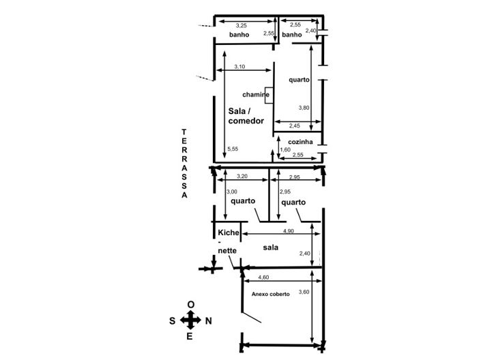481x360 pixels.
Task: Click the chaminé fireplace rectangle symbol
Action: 269,95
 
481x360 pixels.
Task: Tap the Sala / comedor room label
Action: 246,116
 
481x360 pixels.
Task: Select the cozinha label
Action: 300,142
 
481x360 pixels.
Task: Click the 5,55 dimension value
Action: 233,149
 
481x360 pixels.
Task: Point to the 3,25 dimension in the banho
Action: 242,26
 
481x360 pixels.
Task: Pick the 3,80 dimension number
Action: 304,108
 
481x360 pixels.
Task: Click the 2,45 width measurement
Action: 295,125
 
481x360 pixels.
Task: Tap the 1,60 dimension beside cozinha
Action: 285,149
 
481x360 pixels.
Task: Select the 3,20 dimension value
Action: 242,177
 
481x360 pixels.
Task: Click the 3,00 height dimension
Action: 231,192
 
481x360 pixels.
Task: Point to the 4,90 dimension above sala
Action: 289,231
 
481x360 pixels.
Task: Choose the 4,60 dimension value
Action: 263,277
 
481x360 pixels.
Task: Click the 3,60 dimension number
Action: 304,292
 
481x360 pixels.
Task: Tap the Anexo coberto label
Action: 271,294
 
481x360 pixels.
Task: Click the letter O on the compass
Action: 191,305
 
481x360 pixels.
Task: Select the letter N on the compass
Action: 209,321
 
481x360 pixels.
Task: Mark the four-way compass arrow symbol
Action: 190,320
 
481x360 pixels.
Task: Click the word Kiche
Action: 229,232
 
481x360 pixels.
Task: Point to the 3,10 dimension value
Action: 239,67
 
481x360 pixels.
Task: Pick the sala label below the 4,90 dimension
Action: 271,247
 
